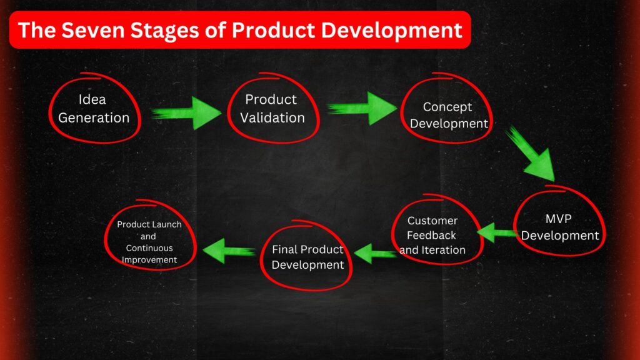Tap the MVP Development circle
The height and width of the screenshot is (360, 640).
(x=560, y=227)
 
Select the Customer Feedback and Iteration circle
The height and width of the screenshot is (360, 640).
(x=432, y=235)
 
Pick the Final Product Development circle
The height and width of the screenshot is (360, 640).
(x=307, y=257)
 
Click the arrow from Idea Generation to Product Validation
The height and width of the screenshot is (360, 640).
(x=186, y=113)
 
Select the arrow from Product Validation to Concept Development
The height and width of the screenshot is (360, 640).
(x=362, y=108)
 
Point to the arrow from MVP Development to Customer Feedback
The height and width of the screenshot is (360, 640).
(x=496, y=232)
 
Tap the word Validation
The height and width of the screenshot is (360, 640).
(x=272, y=117)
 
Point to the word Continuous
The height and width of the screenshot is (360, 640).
(x=149, y=248)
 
